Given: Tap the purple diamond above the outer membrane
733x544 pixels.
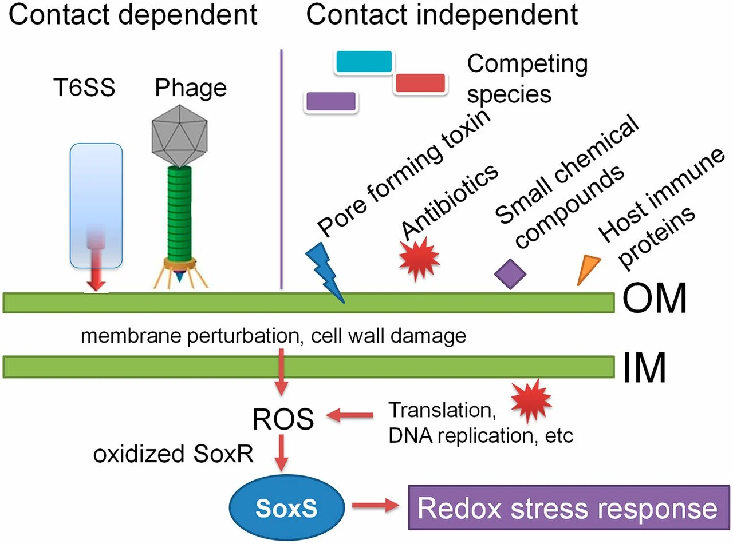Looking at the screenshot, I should pyautogui.click(x=511, y=273).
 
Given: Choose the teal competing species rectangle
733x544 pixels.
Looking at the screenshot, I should pyautogui.click(x=363, y=62).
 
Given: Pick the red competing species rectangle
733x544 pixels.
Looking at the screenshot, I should pyautogui.click(x=419, y=83).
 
